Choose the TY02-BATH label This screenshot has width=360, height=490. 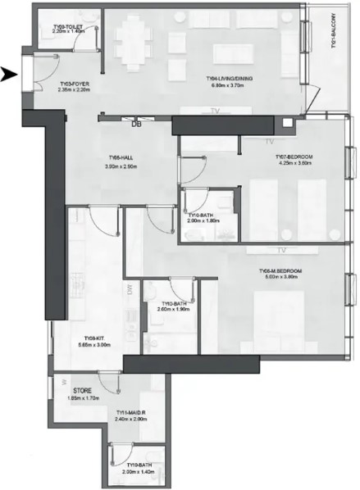pos(166,303)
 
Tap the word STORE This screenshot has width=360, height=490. pos(82,391)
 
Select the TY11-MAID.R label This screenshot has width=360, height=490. pos(131,412)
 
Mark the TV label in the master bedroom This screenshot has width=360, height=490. pos(280,249)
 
